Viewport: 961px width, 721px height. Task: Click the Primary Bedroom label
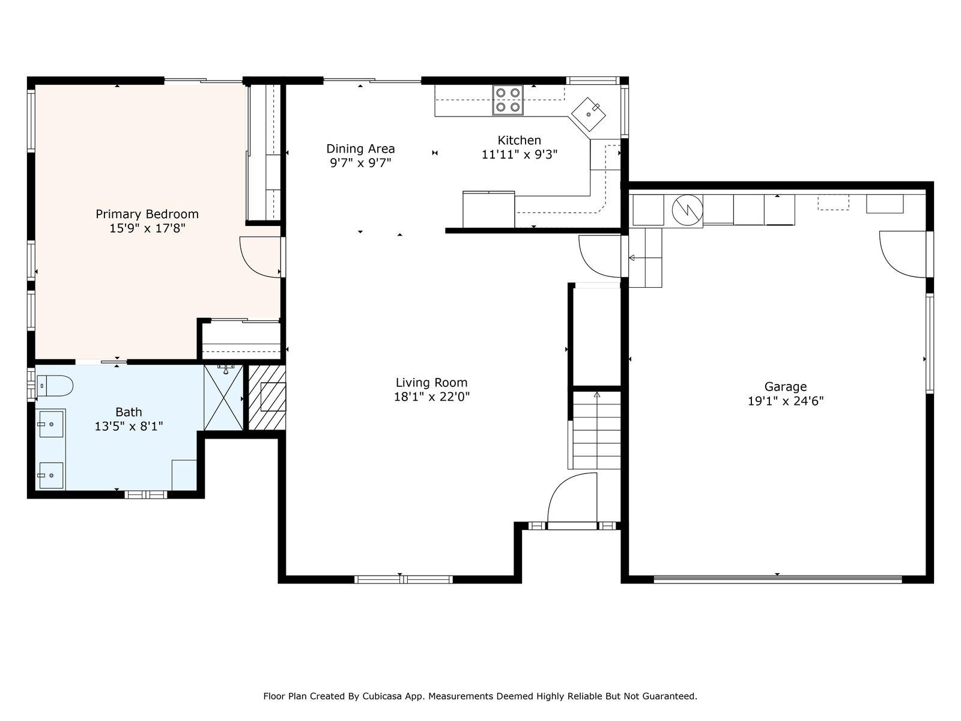click(147, 214)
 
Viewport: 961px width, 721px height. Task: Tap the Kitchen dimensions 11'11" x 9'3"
click(520, 154)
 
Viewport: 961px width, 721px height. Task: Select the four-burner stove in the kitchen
click(508, 100)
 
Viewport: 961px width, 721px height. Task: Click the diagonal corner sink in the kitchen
click(589, 114)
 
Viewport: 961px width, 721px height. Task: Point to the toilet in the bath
click(55, 386)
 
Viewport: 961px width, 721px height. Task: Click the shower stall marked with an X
click(223, 398)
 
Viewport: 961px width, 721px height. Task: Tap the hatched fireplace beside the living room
click(267, 398)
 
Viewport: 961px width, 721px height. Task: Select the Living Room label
click(432, 383)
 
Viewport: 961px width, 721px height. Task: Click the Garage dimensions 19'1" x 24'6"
click(786, 401)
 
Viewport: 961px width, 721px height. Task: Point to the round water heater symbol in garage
click(687, 210)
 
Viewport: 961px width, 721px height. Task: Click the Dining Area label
click(360, 149)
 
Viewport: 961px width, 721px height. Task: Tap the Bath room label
click(129, 412)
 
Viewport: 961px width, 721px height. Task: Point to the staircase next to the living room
click(597, 430)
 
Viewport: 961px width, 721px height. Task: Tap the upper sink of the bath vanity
click(51, 424)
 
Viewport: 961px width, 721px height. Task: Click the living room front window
click(403, 580)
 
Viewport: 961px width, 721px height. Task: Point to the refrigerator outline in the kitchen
click(488, 209)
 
